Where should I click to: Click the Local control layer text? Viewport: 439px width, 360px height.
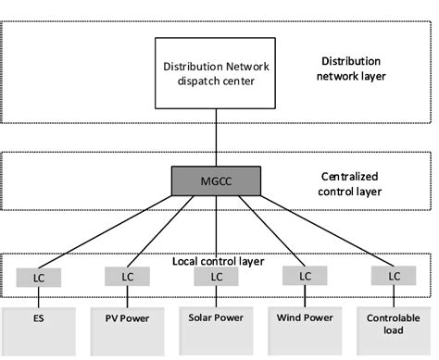pyautogui.click(x=219, y=261)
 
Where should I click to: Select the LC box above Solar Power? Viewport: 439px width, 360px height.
pyautogui.click(x=215, y=276)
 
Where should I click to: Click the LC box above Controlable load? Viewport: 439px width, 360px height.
pyautogui.click(x=394, y=276)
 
